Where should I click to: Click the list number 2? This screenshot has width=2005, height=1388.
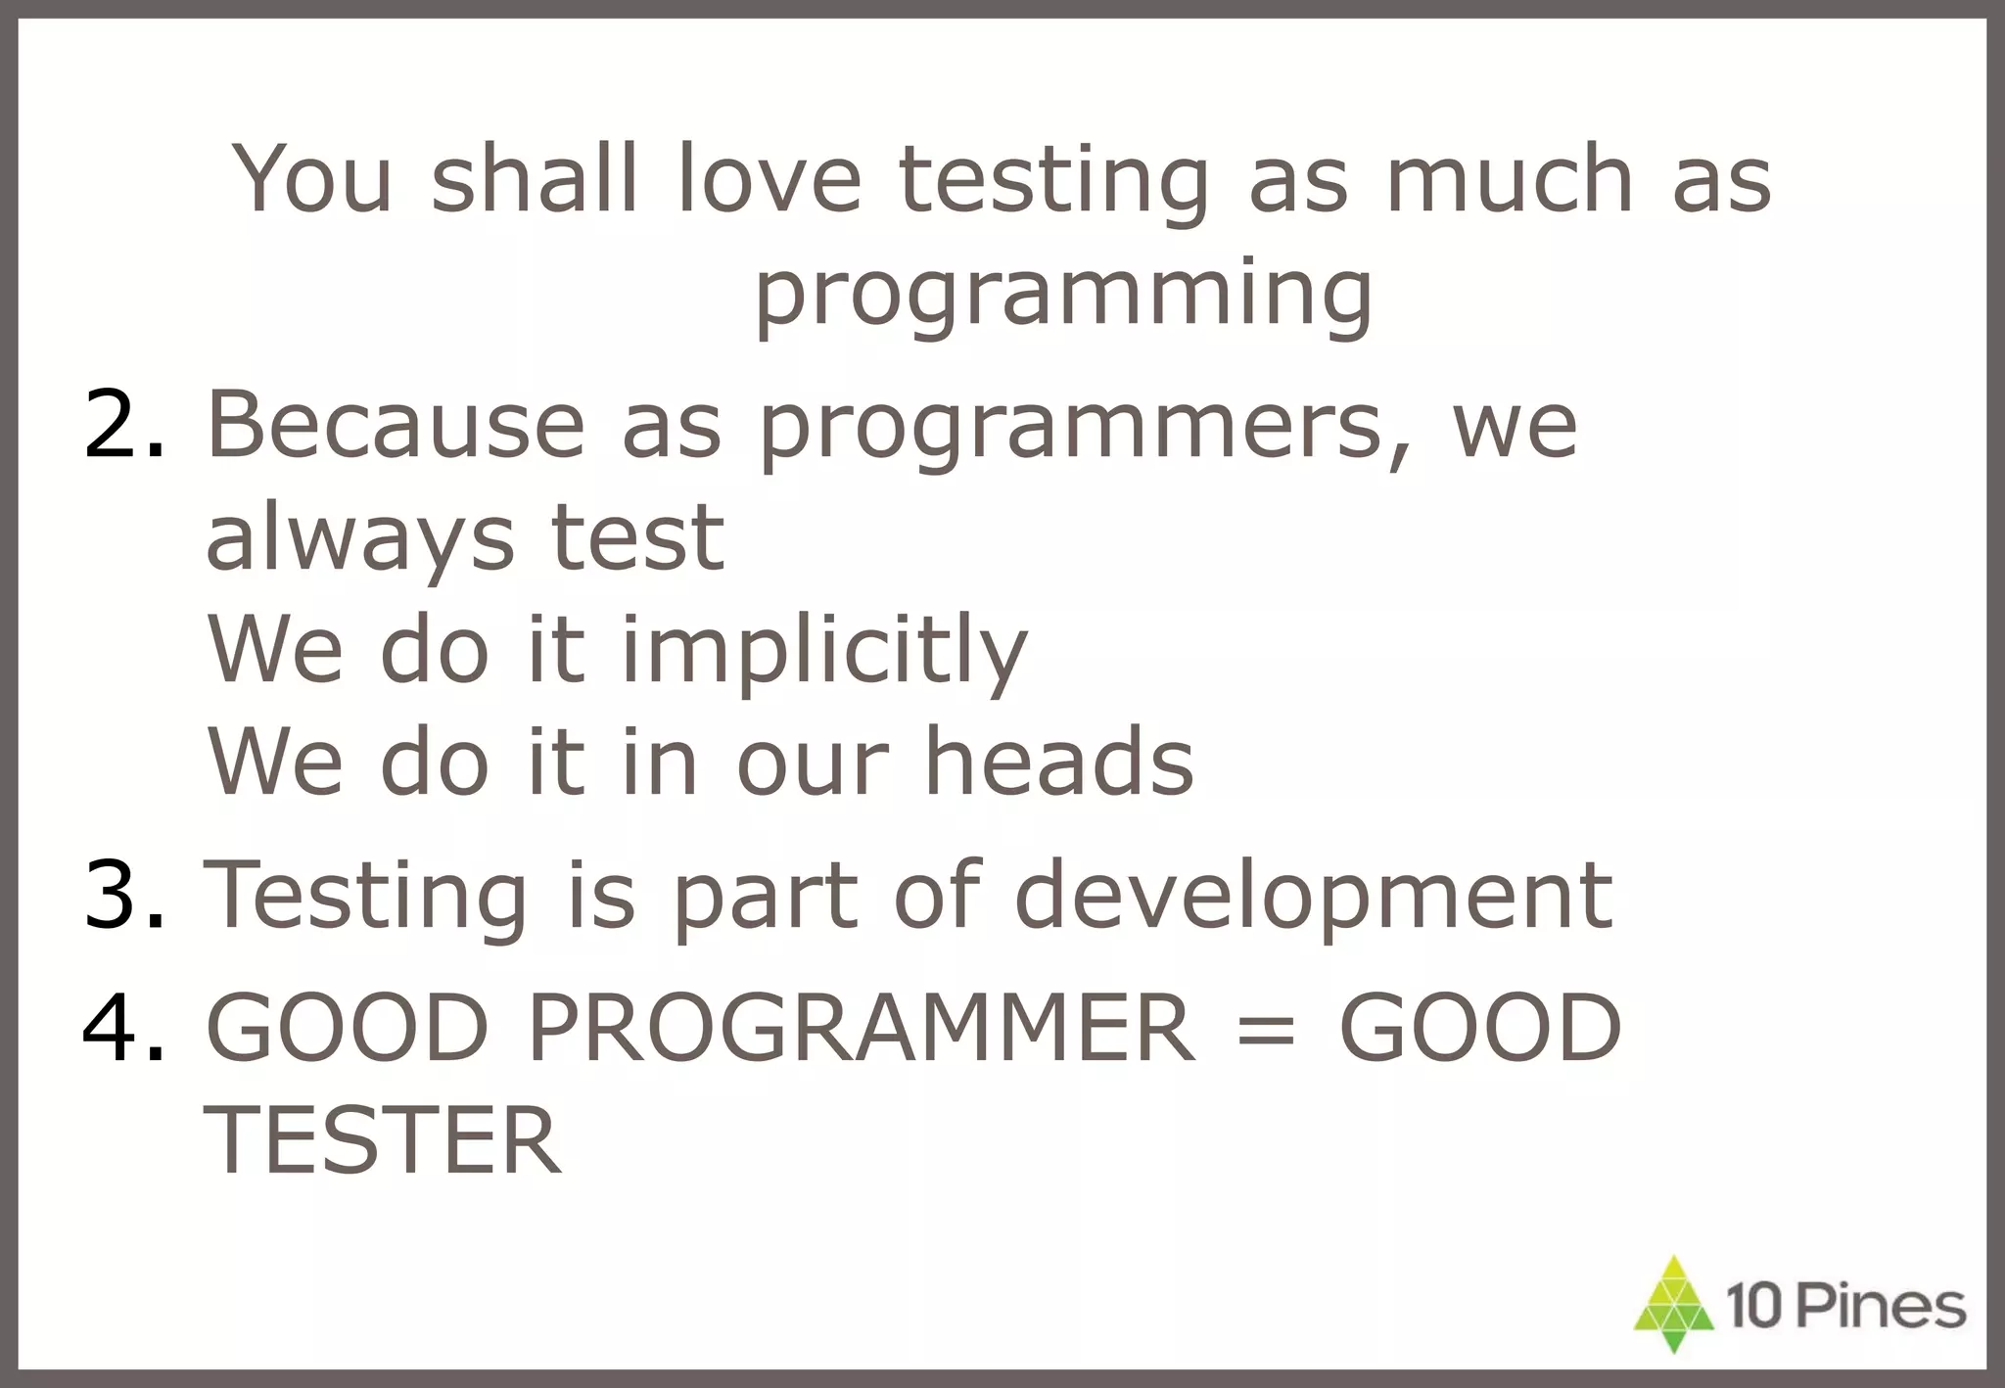pos(125,424)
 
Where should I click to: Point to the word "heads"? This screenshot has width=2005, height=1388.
pos(1059,762)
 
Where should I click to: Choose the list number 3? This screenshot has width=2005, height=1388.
pos(125,894)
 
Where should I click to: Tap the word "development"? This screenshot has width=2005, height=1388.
pos(1313,894)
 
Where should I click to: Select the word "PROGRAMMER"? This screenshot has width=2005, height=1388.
pos(862,1027)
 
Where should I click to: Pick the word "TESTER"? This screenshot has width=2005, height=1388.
pos(384,1140)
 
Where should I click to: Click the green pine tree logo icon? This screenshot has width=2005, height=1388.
pos(1675,1304)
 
